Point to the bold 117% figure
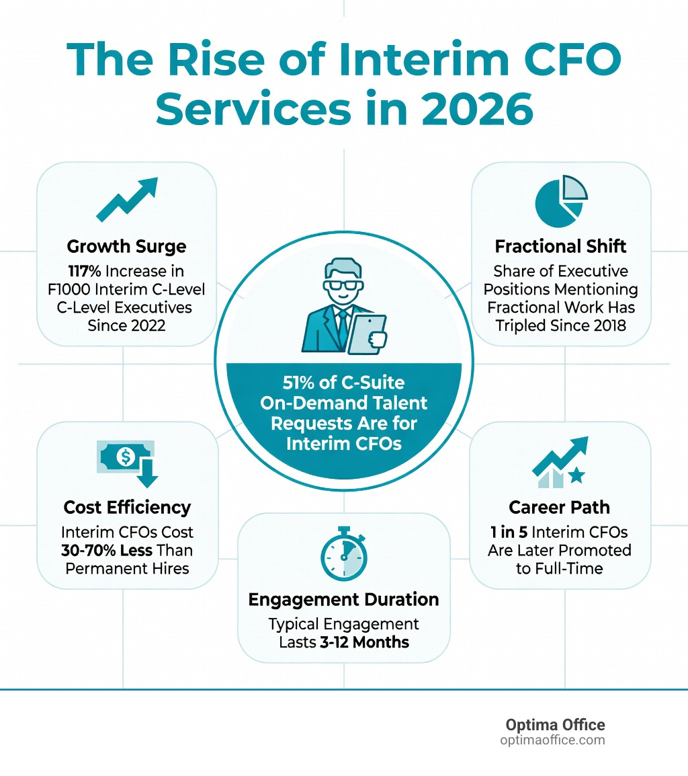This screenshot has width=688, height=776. pos(86,271)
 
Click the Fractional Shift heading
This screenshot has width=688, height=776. pos(560,246)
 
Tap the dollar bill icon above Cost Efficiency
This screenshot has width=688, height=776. pos(126,458)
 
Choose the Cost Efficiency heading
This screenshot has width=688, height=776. pos(127,507)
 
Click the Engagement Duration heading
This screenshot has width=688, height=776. pos(343,599)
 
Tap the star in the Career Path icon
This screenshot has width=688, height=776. pos(576,477)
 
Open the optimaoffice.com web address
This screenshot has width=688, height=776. pos(552,740)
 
